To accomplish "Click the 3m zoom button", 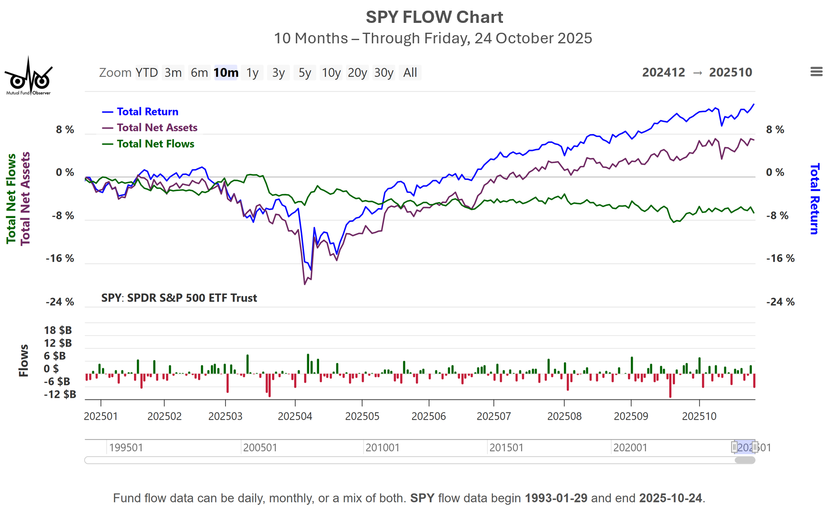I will (173, 73).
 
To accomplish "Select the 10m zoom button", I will (226, 73).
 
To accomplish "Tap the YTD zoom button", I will (147, 73).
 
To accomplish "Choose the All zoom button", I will (410, 73).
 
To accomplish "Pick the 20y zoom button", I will (357, 73).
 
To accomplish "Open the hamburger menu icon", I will (816, 72).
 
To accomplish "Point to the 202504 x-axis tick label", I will (295, 416).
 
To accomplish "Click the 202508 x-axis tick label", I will (564, 416).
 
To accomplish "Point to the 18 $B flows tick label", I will (58, 330).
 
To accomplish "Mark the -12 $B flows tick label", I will (60, 394).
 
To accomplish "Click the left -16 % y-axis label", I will (60, 258).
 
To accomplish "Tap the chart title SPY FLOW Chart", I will (434, 17).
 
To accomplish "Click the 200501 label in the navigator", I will (260, 448).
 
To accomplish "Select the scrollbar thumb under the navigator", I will (744, 460).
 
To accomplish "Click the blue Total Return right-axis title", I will (814, 199).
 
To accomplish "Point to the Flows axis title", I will (24, 360).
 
